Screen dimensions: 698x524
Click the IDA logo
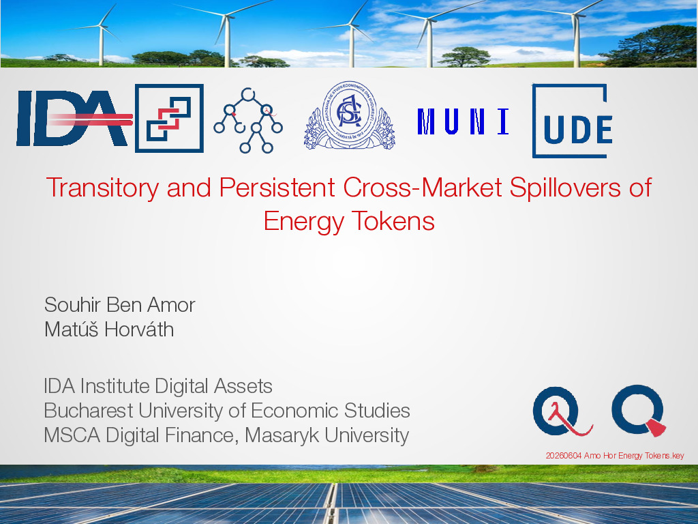pos(74,118)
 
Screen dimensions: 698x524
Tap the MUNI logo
pos(464,121)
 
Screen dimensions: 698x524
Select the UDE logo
pos(573,121)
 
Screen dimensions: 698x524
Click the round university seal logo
pos(350,115)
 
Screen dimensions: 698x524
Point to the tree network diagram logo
pos(248,120)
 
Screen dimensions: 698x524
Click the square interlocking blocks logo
pos(169,118)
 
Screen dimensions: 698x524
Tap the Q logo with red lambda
pos(562,411)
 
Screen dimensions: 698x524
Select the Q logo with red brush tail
pos(639,410)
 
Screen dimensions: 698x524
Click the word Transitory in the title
pos(102,188)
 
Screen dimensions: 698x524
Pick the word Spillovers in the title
pos(565,188)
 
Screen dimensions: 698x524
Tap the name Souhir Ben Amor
pos(120,305)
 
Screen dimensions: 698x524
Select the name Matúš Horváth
pos(109,330)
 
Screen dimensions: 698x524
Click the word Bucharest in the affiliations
pos(89,410)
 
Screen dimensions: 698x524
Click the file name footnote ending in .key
pos(615,455)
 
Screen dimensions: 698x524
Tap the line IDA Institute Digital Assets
pos(158,386)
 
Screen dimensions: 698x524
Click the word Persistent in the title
pos(277,188)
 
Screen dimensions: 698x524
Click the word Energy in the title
pos(303,222)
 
